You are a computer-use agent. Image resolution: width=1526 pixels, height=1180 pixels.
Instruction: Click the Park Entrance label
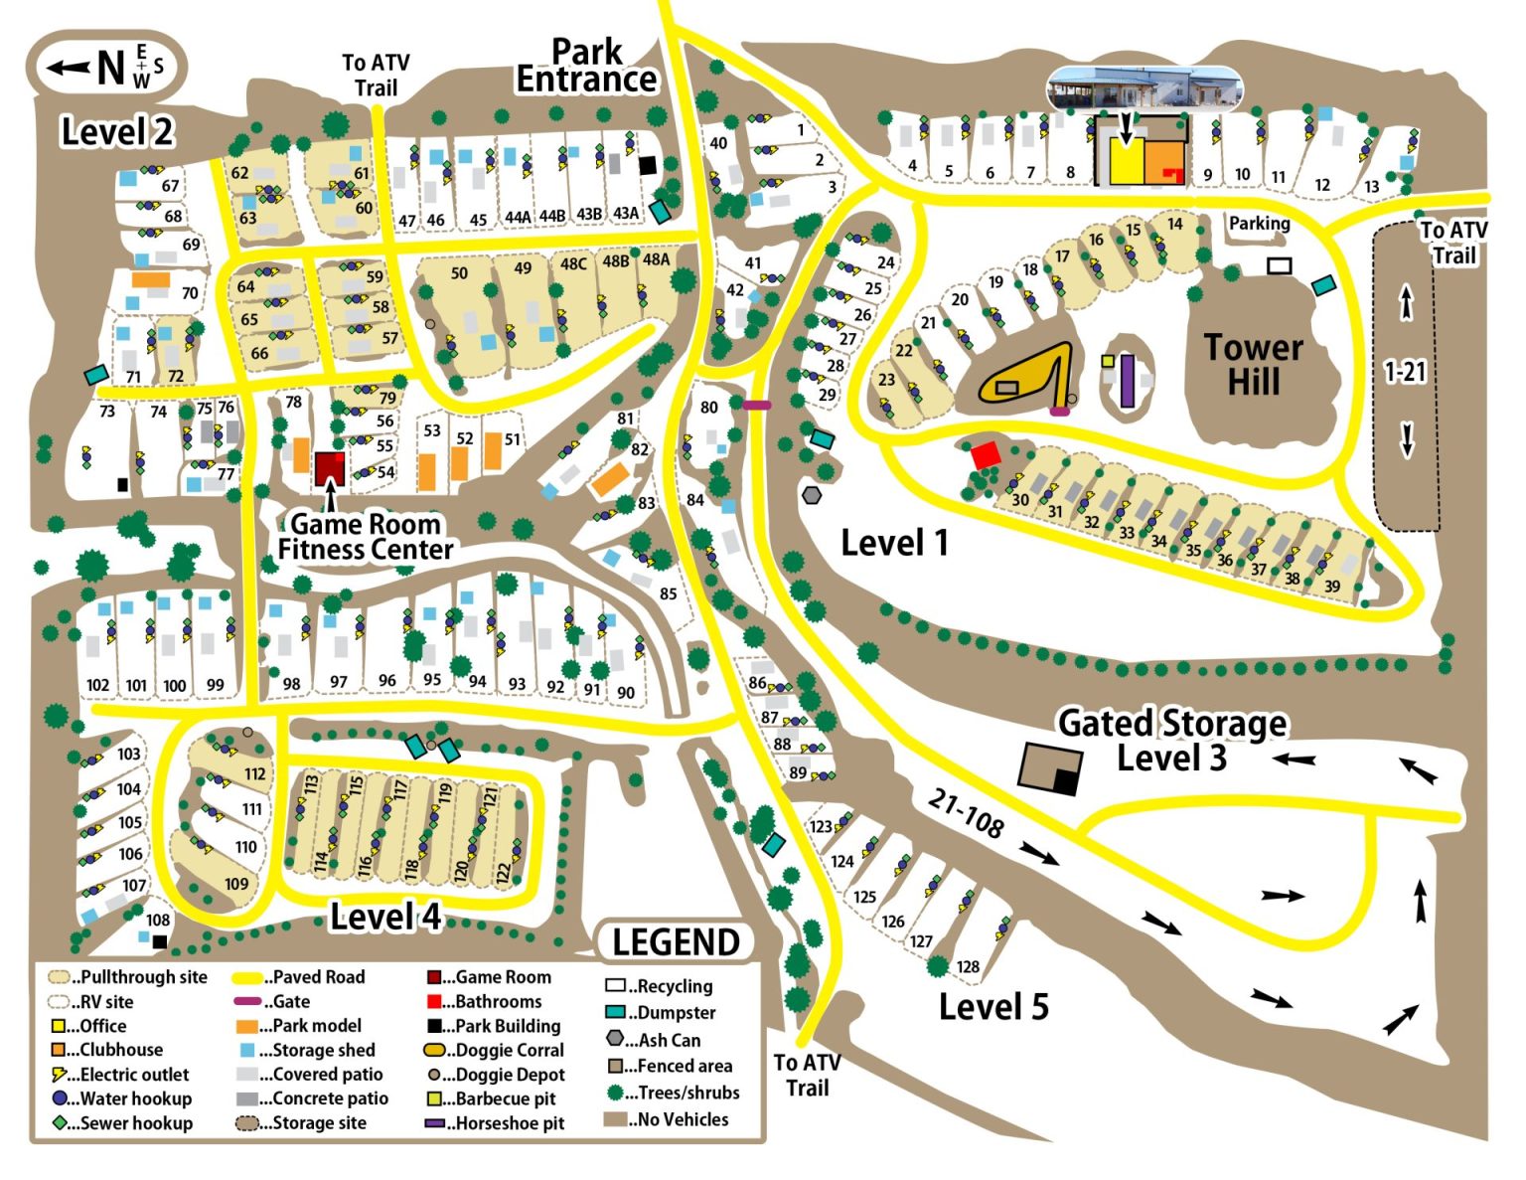point(586,66)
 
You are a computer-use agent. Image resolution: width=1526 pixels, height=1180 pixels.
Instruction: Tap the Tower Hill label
point(1253,365)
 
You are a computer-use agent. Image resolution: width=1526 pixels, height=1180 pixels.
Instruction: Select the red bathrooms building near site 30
point(985,455)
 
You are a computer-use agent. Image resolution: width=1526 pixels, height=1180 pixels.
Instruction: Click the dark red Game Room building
point(330,467)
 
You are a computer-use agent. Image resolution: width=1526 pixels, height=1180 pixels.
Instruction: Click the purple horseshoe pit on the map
point(1127,380)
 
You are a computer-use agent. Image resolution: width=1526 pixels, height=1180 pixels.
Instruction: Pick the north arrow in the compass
point(70,68)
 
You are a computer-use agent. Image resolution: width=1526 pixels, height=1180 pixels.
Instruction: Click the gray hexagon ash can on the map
point(812,495)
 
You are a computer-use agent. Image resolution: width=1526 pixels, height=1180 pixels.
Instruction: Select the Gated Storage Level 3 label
point(1171,740)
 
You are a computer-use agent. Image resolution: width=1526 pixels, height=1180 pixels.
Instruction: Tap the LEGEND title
point(676,941)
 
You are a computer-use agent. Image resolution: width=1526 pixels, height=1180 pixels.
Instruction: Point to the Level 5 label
point(993,1006)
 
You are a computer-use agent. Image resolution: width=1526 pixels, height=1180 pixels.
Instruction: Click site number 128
point(968,966)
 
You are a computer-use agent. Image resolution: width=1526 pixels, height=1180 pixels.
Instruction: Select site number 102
point(97,685)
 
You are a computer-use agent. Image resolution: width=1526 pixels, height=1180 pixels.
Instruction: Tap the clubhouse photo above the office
point(1144,88)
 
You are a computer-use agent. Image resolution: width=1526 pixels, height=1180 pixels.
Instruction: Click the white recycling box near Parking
point(1279,265)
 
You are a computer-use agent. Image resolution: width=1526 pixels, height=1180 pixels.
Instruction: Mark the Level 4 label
point(385,917)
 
